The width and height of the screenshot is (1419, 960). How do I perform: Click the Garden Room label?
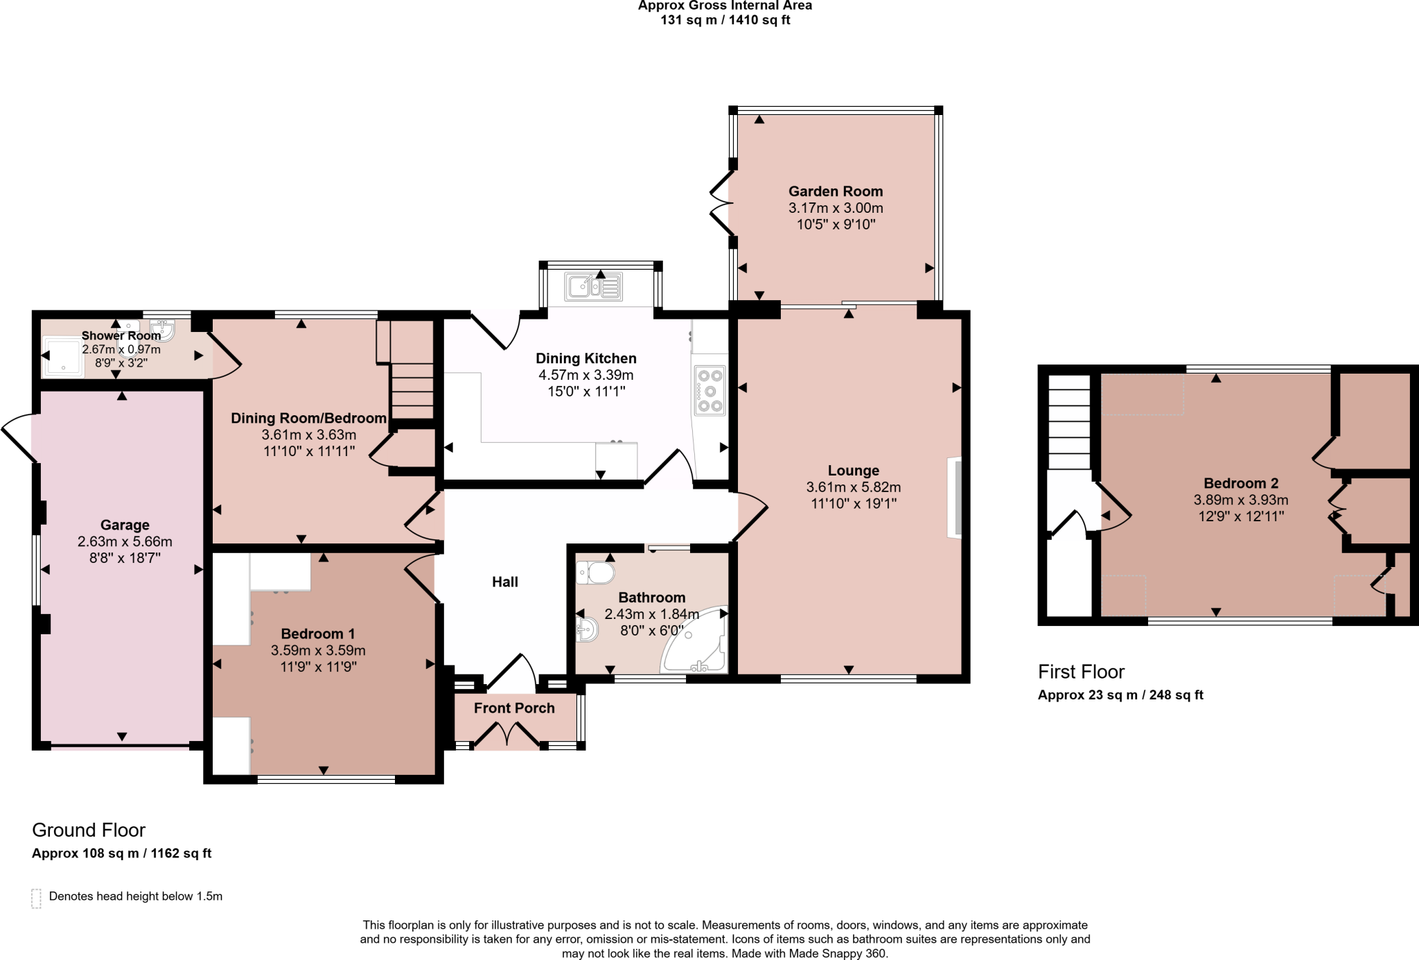(x=835, y=191)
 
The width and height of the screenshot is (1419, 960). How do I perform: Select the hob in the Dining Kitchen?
(x=709, y=390)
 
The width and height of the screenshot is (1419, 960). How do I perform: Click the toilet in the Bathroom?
(x=595, y=573)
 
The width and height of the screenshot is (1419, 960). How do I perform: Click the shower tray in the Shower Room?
(x=64, y=357)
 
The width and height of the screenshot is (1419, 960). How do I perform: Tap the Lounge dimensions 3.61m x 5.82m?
(x=853, y=487)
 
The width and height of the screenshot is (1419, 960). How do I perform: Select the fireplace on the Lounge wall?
(x=955, y=497)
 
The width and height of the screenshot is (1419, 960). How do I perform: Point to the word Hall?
(x=504, y=582)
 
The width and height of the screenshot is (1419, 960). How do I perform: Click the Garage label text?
(x=125, y=525)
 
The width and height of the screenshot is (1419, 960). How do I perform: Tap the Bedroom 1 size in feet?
(x=318, y=667)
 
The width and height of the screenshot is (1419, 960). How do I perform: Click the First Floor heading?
(x=1080, y=672)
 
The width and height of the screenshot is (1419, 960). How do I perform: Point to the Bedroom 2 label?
(x=1240, y=483)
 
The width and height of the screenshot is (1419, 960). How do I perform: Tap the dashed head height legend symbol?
(x=37, y=898)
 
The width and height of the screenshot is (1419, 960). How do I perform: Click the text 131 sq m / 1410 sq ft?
(x=725, y=20)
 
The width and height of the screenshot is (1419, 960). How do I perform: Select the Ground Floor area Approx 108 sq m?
(x=121, y=853)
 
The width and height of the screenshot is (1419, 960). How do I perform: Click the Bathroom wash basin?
(x=587, y=629)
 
